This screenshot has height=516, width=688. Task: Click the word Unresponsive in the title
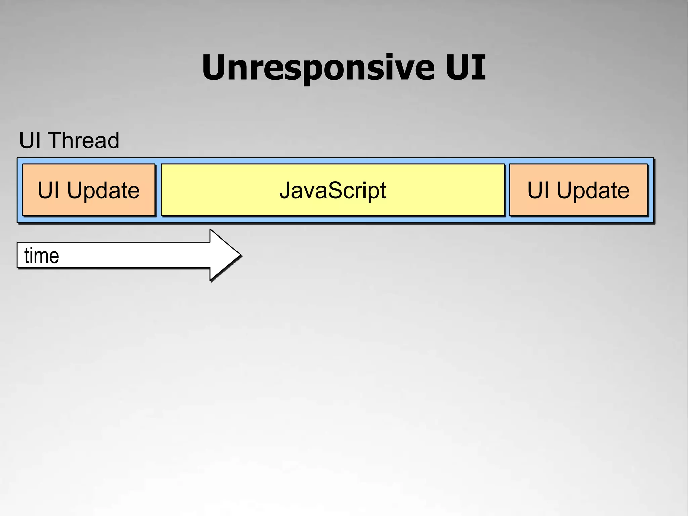(317, 68)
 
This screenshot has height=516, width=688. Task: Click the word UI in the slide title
(466, 68)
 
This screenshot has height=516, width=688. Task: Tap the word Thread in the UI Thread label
(84, 140)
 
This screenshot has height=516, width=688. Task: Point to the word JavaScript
(333, 190)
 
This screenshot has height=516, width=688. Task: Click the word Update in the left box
(103, 190)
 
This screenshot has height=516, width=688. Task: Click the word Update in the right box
(593, 190)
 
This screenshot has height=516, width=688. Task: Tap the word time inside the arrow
(42, 256)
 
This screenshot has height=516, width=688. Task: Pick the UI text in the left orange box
(48, 190)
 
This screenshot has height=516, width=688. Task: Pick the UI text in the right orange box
(538, 190)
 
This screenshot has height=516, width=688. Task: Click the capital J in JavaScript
(285, 190)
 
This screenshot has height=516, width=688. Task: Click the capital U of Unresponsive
(215, 68)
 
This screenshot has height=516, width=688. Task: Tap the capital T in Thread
(57, 140)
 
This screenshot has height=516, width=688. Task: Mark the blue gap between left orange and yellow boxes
(158, 190)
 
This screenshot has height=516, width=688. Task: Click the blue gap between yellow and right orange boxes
(507, 190)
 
